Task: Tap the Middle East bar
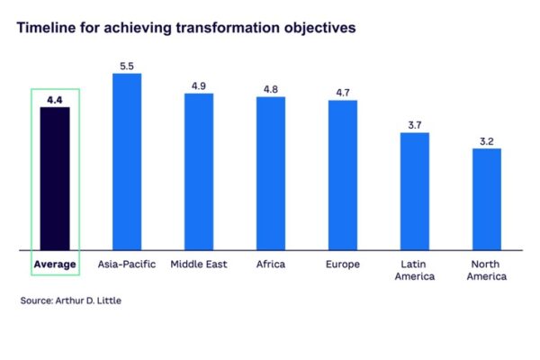[x=199, y=170]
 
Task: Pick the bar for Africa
[x=271, y=172]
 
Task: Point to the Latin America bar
[x=415, y=190]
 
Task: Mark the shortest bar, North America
[x=487, y=198]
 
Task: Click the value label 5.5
[x=127, y=66]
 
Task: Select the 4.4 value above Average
[x=55, y=99]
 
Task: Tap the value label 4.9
[x=199, y=85]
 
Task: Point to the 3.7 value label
[x=415, y=125]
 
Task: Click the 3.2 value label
[x=487, y=140]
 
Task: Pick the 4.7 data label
[x=343, y=92]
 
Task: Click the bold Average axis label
[x=55, y=264]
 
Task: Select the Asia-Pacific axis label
[x=127, y=264]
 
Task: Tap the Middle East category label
[x=199, y=264]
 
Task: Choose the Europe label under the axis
[x=343, y=264]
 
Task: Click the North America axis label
[x=487, y=270]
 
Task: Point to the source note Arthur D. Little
[x=70, y=301]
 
